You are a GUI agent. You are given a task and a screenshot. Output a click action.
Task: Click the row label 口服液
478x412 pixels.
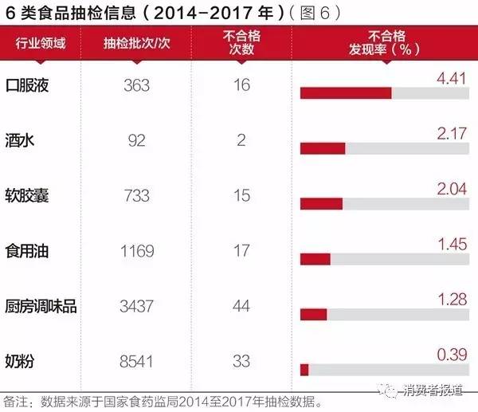27,85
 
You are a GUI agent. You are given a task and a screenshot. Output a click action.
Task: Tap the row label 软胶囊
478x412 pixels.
27,195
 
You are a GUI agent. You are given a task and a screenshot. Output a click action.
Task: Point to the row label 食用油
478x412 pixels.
27,251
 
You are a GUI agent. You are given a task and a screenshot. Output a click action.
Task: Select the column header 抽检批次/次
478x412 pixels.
137,44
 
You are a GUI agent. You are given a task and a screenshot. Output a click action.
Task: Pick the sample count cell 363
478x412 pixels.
137,85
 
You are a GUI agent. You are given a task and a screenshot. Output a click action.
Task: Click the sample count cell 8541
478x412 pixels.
137,361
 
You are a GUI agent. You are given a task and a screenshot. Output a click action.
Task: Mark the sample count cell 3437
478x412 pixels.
137,306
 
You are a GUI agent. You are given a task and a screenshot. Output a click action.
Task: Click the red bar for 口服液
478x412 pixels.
346,93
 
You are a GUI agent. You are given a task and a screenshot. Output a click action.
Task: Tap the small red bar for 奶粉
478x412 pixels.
304,369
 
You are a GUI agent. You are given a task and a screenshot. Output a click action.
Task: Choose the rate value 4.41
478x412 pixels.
452,78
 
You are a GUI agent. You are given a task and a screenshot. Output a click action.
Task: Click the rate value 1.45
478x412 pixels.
452,244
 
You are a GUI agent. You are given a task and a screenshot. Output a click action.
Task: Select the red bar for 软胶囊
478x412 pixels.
321,203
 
